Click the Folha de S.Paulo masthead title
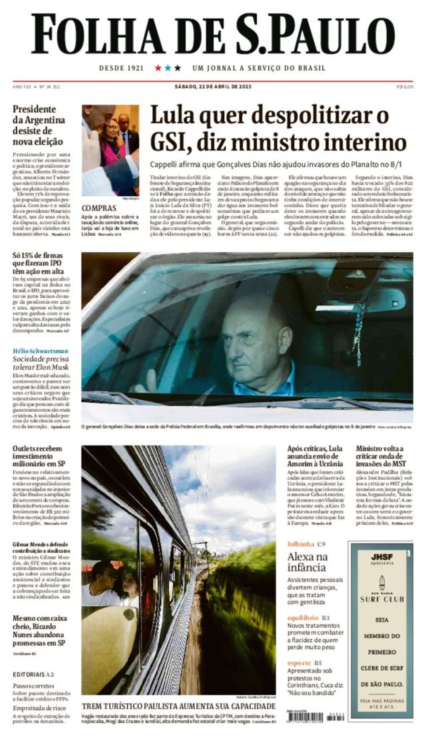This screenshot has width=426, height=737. (x=213, y=34)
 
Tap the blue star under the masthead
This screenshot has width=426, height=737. (x=168, y=68)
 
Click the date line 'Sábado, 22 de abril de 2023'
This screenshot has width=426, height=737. (x=213, y=87)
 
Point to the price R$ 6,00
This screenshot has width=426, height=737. (x=405, y=87)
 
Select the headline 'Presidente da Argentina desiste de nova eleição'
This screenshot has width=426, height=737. (x=38, y=126)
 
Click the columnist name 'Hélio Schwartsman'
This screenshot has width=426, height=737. (x=40, y=351)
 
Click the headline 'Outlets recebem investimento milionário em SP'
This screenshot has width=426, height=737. (x=37, y=456)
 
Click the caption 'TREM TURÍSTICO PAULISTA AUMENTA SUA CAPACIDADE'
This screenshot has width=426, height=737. (x=178, y=706)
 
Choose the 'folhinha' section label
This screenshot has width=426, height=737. (x=300, y=544)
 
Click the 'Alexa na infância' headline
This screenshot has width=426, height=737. (x=307, y=562)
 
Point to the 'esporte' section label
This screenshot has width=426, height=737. (x=299, y=663)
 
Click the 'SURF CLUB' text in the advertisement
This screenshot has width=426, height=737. (x=381, y=599)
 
